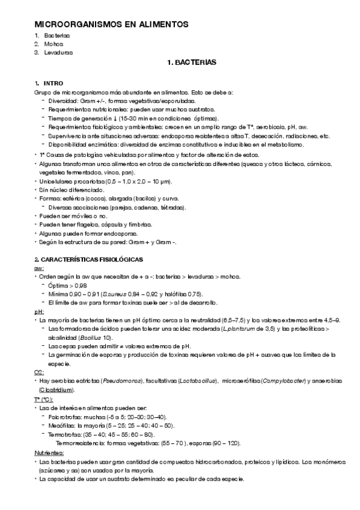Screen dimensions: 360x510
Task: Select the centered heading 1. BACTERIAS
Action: (x=191, y=62)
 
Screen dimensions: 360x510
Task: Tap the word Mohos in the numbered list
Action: (x=53, y=44)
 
